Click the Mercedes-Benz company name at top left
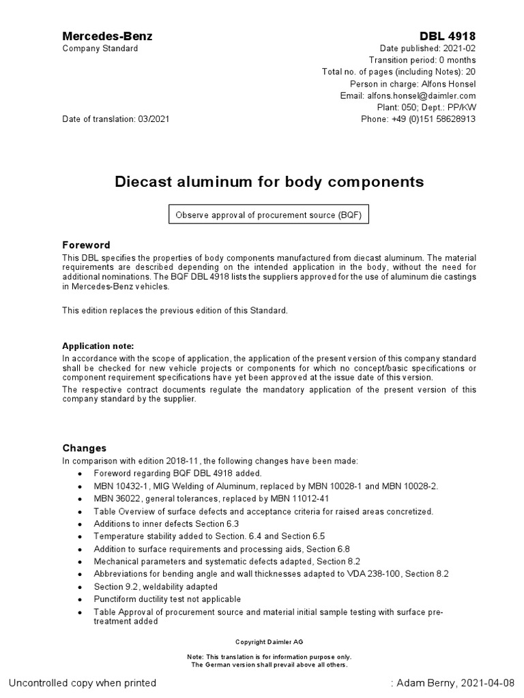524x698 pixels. pos(107,36)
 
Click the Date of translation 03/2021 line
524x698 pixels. pos(116,119)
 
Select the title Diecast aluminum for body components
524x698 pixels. pos(269,182)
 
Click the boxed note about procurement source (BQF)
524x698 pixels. pos(269,215)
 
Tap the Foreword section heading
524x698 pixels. pos(86,245)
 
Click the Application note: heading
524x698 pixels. pos(98,346)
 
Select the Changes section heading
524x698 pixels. pos(85,448)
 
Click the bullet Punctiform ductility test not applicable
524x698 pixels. pos(167,598)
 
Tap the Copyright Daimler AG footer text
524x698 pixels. pos(269,642)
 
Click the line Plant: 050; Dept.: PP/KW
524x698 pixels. pos(426,107)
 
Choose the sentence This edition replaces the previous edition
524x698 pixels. pos(175,310)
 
